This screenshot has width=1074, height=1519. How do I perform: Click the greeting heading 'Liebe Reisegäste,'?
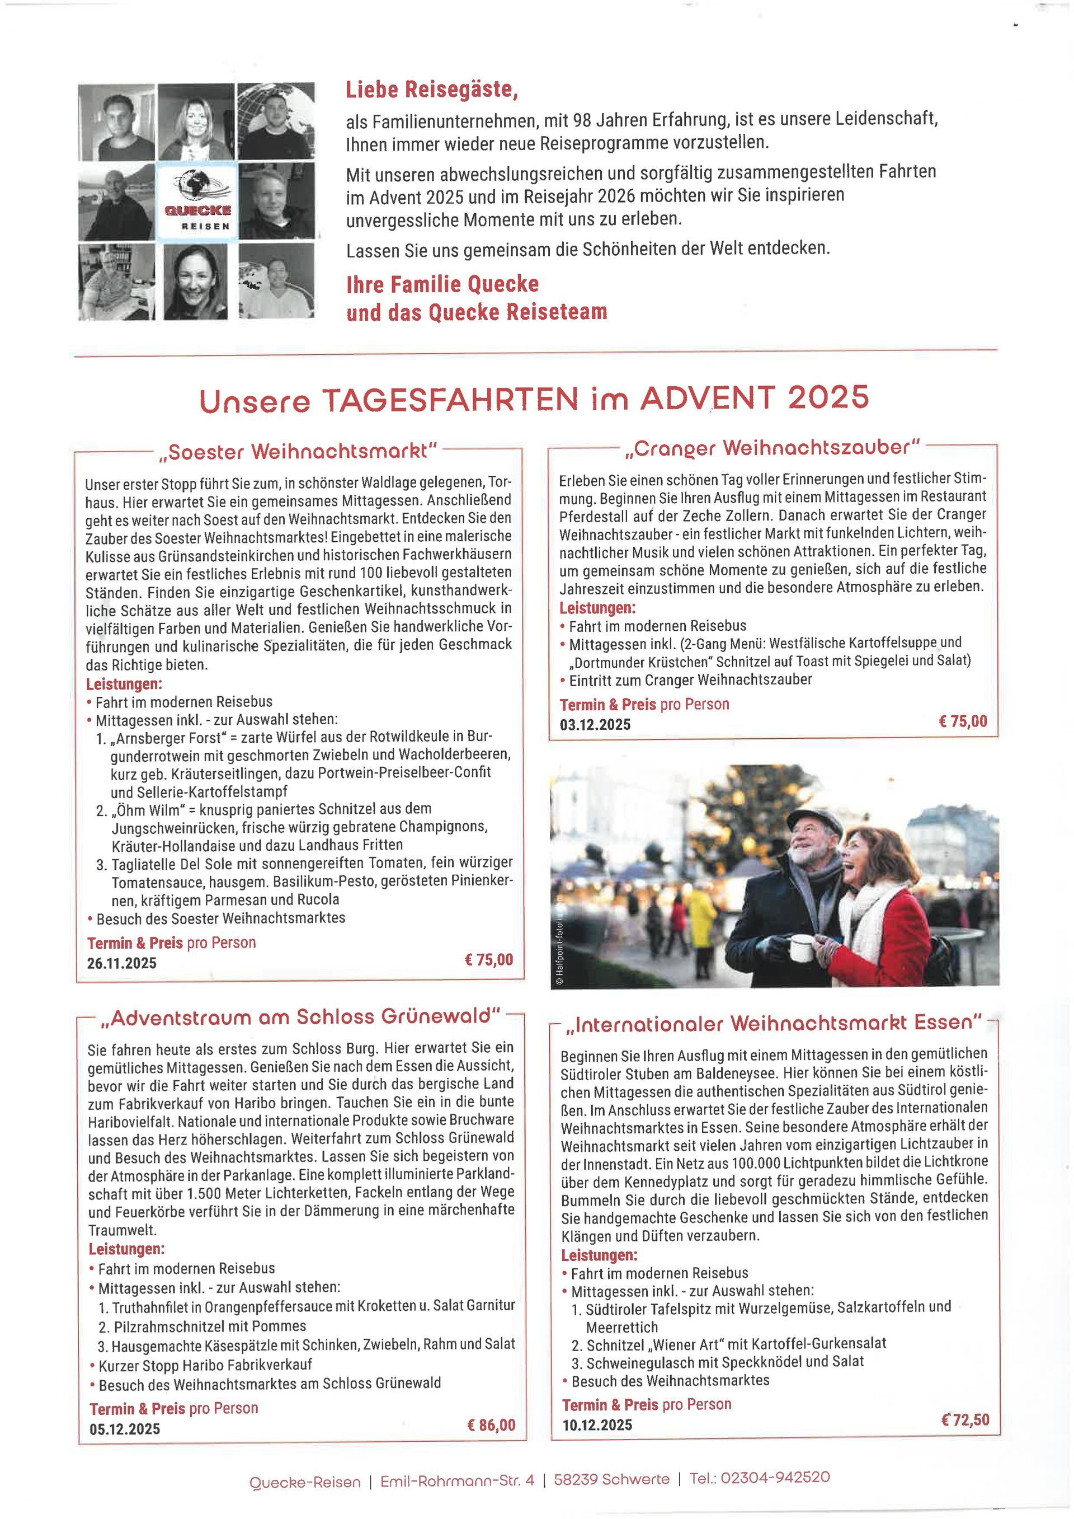tap(431, 90)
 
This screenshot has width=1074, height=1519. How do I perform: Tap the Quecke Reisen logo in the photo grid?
tap(196, 201)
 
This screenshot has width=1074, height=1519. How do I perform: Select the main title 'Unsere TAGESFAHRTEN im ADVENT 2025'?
tap(534, 399)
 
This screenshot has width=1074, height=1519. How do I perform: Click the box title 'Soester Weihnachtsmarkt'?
tap(298, 453)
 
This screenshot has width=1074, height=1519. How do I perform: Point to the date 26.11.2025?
tap(122, 963)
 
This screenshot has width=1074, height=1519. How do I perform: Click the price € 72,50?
tap(965, 1419)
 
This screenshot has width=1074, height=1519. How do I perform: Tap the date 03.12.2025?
tap(595, 724)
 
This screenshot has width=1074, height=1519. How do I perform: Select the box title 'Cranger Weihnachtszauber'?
tap(772, 448)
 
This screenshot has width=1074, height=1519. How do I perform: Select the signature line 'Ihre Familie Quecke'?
tap(442, 284)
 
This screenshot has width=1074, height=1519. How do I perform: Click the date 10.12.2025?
tap(597, 1424)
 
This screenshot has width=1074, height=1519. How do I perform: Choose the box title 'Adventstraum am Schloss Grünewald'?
tap(301, 1017)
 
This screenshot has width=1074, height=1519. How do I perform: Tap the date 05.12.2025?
tap(124, 1428)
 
